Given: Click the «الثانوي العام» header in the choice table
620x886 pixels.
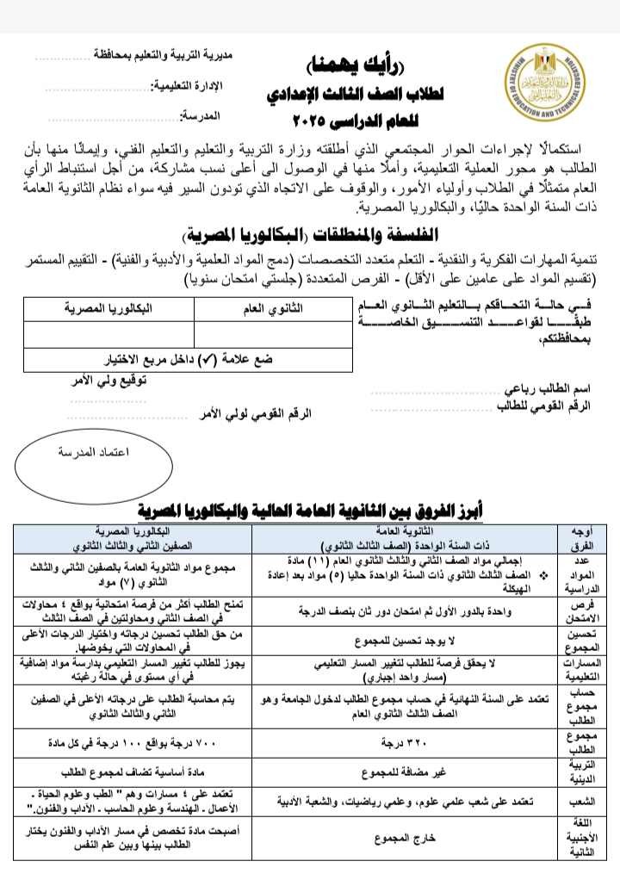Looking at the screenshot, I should (272, 307).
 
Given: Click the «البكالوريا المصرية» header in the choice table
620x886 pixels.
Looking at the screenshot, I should (108, 307).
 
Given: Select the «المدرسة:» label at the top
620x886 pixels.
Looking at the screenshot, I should (201, 115).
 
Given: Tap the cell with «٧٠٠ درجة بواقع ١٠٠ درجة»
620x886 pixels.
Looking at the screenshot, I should (138, 741).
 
